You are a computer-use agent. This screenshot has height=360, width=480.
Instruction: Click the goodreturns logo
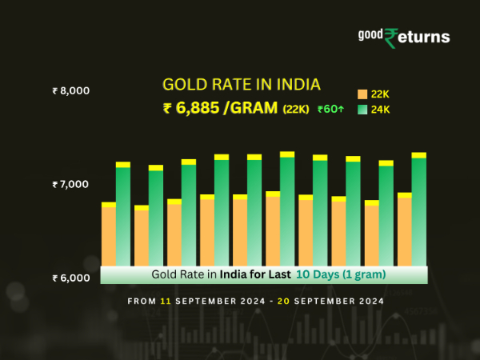tap(403, 37)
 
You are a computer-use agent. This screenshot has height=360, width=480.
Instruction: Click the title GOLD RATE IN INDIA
tap(241, 85)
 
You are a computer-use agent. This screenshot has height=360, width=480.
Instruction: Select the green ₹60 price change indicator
tap(331, 110)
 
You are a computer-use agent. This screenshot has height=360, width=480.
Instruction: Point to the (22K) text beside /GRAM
tap(295, 110)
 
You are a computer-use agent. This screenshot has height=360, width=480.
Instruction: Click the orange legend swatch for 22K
tap(362, 94)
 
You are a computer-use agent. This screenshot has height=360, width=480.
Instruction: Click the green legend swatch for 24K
tap(362, 109)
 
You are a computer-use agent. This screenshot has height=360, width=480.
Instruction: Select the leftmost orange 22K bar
tap(109, 235)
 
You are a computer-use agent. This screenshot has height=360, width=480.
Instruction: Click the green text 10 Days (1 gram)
tap(342, 274)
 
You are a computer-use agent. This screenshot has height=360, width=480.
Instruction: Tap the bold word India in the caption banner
tap(235, 274)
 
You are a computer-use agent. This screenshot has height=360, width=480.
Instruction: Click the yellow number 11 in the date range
tap(165, 302)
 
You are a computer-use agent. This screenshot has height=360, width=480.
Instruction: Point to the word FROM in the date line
tap(142, 302)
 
